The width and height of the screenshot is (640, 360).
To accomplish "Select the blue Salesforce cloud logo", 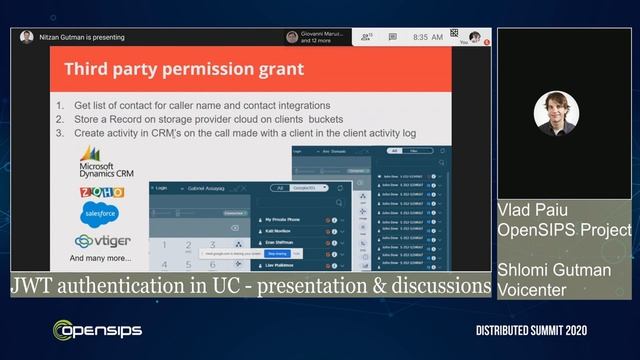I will [101, 214].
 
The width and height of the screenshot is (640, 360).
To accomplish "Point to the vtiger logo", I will [102, 241].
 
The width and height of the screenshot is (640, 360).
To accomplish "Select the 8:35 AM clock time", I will [428, 37].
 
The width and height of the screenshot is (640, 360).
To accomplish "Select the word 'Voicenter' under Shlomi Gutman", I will [535, 291].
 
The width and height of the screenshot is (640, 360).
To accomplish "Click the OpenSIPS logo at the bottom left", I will [97, 330].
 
